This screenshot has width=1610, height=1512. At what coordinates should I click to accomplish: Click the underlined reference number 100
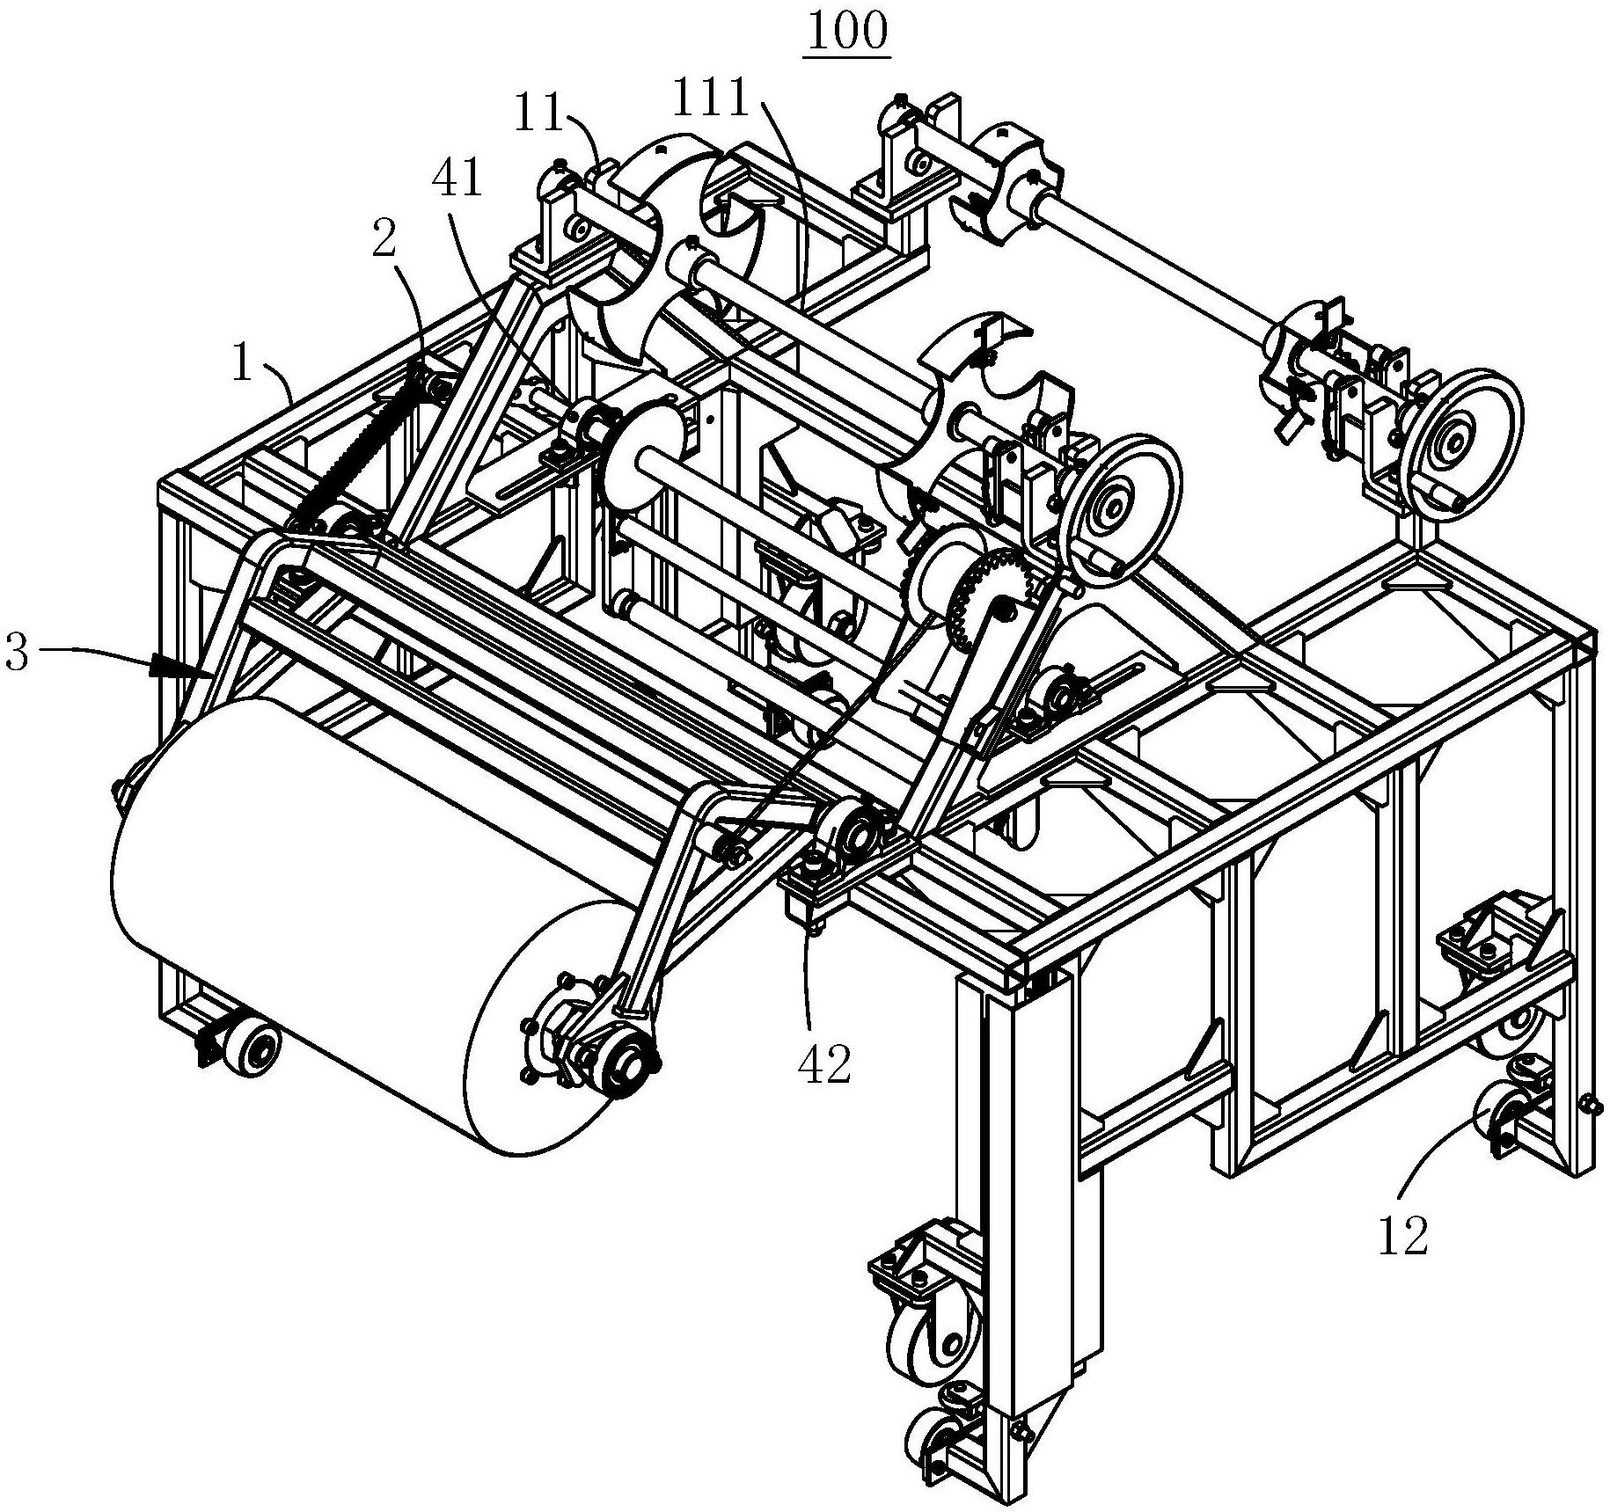(x=845, y=31)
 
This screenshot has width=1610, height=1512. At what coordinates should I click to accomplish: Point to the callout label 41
(x=457, y=180)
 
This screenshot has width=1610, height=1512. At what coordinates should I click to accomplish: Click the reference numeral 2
(x=383, y=239)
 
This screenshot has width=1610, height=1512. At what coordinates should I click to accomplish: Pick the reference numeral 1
(x=243, y=364)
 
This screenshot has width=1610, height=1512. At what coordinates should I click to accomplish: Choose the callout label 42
(x=824, y=1064)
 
